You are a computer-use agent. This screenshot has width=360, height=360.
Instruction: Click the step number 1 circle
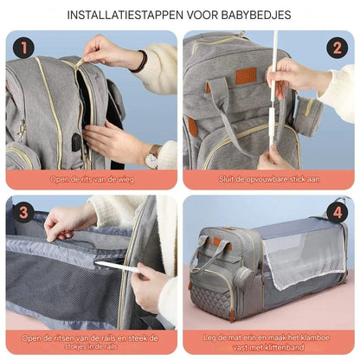click(23, 48)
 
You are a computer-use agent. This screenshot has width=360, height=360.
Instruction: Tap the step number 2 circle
click(337, 48)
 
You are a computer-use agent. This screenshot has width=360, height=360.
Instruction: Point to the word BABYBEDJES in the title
click(259, 15)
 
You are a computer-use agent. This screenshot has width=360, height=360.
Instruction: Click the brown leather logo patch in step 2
click(246, 76)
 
